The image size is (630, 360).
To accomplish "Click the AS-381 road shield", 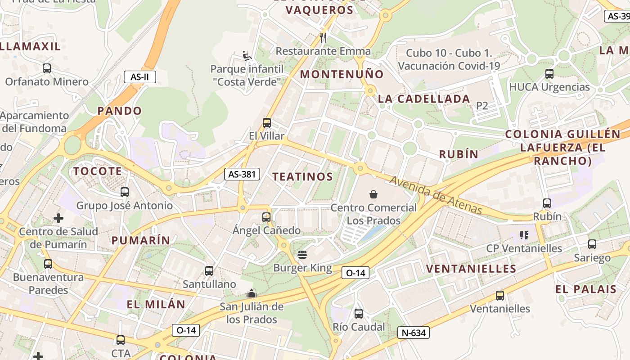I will [x=242, y=174].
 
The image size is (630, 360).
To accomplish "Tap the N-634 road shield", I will [x=413, y=333].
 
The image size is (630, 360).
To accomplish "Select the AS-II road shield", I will [x=139, y=77].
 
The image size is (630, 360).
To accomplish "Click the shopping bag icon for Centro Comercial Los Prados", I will [x=373, y=194].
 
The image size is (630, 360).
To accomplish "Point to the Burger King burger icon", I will [x=302, y=255].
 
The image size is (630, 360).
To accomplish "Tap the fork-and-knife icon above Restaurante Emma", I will [x=323, y=37].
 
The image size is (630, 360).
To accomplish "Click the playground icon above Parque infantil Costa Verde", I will [x=247, y=56].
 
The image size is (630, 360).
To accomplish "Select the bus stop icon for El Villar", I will [x=267, y=123].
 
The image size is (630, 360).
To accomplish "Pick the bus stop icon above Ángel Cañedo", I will [x=266, y=217].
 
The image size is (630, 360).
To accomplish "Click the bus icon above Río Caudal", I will [x=359, y=314].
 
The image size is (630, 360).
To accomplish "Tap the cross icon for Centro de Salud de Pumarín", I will [x=58, y=219].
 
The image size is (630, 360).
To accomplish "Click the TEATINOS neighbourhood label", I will [x=302, y=177].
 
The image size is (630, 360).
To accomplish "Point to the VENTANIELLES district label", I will [x=471, y=269].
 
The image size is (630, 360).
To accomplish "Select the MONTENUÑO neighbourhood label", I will [x=342, y=74].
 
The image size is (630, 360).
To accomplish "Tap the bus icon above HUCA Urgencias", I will [x=549, y=74].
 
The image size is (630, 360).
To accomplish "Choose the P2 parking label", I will [x=482, y=106].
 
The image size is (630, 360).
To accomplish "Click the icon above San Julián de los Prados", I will [x=252, y=294].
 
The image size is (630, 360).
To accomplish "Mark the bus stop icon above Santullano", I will [x=209, y=271].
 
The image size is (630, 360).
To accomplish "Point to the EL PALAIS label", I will [x=585, y=289].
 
